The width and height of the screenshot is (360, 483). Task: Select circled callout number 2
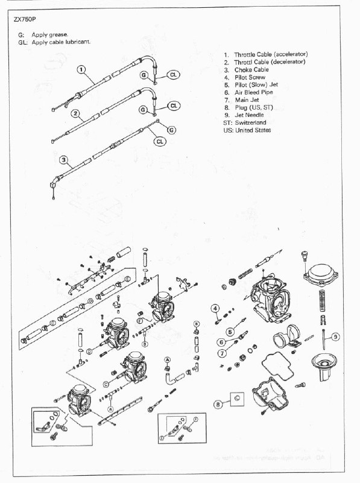75,113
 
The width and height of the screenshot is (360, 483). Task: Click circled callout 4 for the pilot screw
214,309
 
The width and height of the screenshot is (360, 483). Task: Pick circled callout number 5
230,331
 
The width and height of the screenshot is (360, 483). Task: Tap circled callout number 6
222,343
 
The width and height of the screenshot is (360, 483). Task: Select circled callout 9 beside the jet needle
335,336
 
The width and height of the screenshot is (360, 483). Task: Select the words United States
253,130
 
